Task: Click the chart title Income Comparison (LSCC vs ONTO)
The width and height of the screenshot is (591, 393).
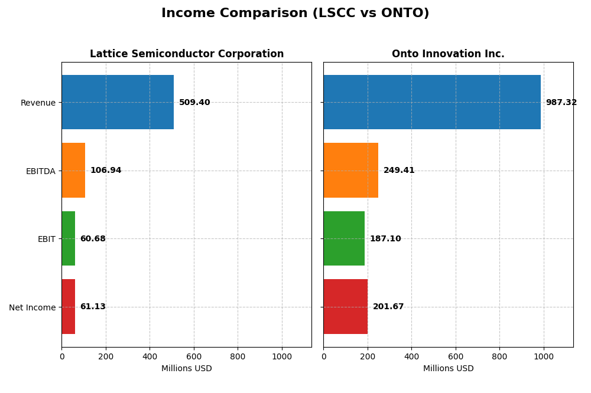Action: tap(295, 13)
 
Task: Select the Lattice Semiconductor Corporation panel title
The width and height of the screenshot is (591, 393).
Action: tap(187, 54)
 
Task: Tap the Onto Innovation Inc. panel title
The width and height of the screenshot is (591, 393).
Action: tap(448, 54)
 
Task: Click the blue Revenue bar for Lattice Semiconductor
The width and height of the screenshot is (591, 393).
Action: tap(118, 102)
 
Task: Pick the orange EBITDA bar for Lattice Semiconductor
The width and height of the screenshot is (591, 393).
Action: tap(73, 170)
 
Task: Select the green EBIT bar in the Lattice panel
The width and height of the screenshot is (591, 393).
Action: tap(68, 238)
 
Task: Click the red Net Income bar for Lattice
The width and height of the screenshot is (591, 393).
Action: tap(68, 306)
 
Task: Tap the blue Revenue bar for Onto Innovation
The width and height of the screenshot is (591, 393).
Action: tap(432, 102)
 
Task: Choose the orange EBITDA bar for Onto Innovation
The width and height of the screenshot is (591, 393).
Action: tap(350, 170)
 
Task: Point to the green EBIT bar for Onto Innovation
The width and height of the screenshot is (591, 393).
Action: tap(344, 238)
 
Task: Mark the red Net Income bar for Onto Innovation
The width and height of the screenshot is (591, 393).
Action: tap(345, 306)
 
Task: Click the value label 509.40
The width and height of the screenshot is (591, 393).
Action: tap(194, 103)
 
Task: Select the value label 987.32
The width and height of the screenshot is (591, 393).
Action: tap(561, 103)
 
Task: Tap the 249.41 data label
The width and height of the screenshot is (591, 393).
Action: tap(399, 171)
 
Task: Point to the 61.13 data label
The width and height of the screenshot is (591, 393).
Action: tap(93, 307)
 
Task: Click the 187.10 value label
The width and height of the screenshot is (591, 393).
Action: tap(385, 239)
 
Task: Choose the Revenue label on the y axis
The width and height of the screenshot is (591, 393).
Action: tap(38, 103)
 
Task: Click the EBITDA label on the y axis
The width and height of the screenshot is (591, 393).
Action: tap(40, 171)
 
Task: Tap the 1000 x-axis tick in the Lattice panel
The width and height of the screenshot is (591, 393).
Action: tap(282, 356)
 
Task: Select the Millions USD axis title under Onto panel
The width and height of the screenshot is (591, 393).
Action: tap(448, 369)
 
